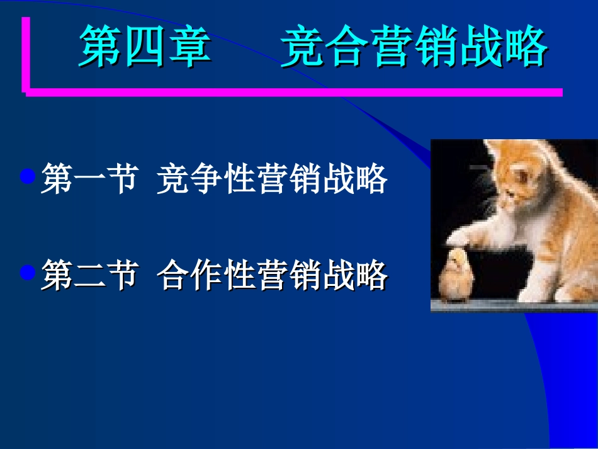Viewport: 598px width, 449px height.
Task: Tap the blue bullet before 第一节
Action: pos(27,176)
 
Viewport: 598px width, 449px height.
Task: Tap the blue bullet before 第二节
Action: pos(27,272)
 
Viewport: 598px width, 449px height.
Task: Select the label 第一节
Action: pos(89,179)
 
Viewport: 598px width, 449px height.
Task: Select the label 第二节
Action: pos(89,276)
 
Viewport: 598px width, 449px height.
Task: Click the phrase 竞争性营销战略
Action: pos(272,179)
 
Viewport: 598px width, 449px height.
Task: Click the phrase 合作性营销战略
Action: pos(272,276)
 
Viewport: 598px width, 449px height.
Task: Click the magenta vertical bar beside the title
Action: pos(26,54)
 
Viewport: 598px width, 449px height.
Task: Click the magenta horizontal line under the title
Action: pos(296,92)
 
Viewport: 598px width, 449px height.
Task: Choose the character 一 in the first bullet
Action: pos(89,179)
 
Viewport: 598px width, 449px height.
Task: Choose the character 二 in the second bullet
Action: pos(89,276)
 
